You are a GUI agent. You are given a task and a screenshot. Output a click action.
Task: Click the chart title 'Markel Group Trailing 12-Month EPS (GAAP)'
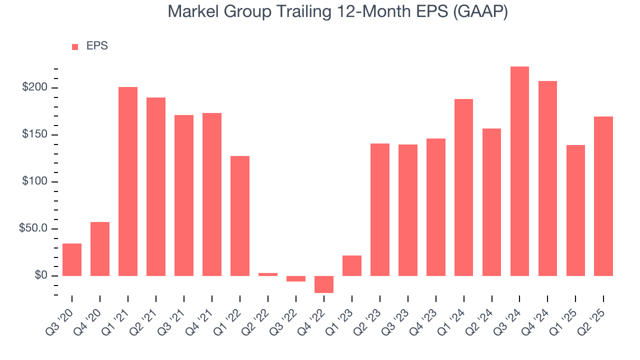337,11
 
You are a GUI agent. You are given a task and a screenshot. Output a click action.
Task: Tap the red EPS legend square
75,46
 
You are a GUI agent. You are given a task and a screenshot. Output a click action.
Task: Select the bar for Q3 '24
519,171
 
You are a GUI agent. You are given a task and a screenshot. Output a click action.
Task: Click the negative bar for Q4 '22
324,284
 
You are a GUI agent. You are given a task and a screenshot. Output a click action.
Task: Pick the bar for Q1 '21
128,181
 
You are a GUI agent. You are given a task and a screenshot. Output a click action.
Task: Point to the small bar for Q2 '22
268,274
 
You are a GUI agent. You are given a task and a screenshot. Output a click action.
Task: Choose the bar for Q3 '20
72,259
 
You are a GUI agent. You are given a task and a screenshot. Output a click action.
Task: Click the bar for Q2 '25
603,196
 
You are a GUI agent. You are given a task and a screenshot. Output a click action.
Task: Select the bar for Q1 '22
240,215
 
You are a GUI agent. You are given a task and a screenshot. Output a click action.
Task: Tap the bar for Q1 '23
352,265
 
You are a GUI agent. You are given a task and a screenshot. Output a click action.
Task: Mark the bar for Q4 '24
547,178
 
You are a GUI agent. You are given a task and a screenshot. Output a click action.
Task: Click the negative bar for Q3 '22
296,278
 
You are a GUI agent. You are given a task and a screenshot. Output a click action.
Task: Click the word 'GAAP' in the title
480,11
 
